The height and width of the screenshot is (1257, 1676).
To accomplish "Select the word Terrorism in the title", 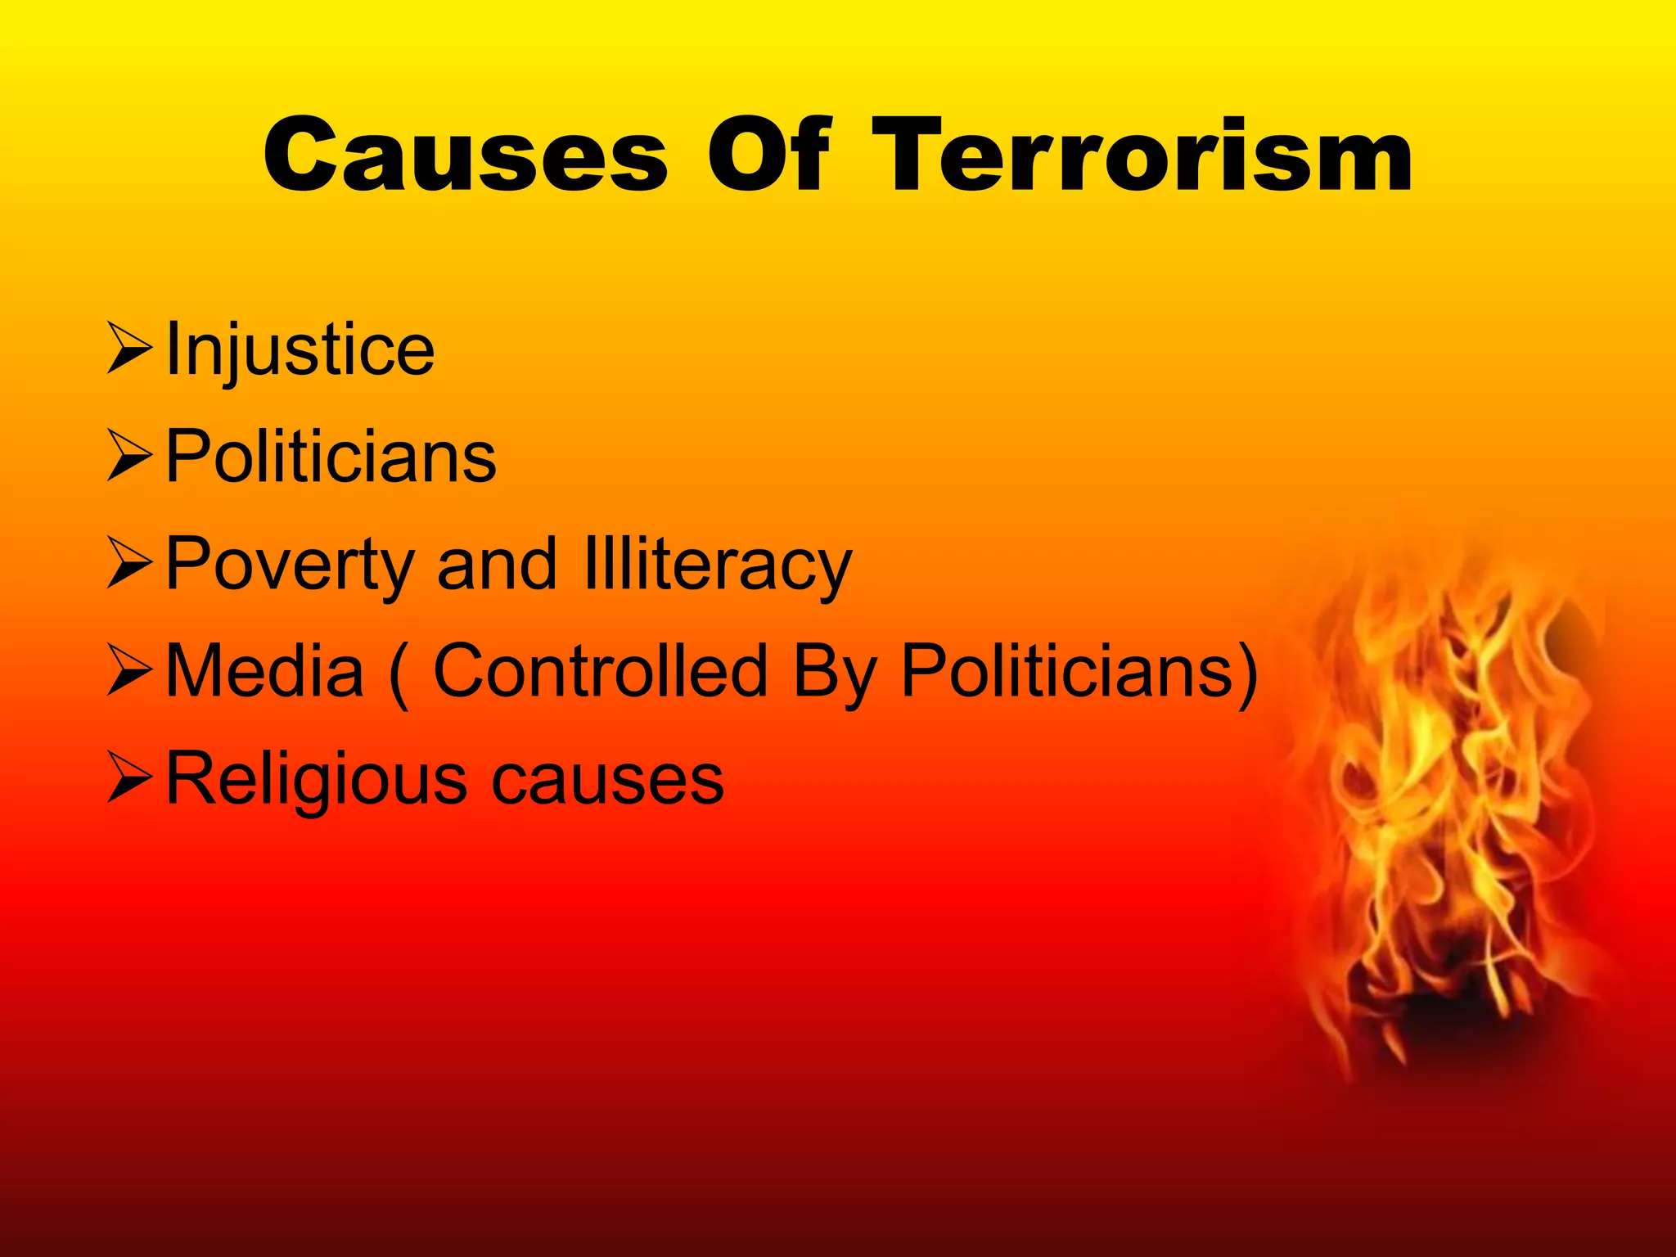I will pos(1142,155).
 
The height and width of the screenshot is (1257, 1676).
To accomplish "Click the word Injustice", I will pos(300,350).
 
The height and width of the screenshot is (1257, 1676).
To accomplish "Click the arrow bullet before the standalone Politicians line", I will pos(129,457).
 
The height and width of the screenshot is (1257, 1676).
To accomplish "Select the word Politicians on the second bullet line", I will pos(331,457).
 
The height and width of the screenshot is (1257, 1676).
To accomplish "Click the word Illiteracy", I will pos(718,565).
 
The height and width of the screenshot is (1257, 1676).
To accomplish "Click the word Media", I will pos(264,671).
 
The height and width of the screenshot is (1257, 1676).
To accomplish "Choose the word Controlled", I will pos(600,671).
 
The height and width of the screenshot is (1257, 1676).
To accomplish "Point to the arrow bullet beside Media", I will pos(129,671).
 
